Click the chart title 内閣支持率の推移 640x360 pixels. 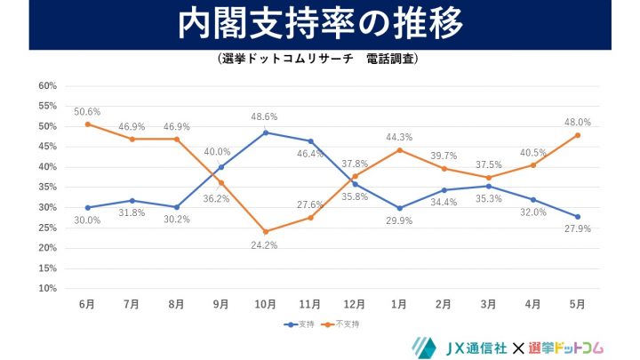[x=320, y=24]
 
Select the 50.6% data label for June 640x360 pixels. [x=87, y=111]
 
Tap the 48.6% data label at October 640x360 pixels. [x=266, y=116]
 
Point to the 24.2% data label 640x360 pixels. [x=266, y=245]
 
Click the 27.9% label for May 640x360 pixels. [x=577, y=229]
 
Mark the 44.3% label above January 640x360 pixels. [x=399, y=136]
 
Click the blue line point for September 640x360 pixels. [x=221, y=167]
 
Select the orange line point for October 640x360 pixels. [x=266, y=231]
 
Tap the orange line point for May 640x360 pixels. [x=577, y=135]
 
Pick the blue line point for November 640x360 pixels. [x=310, y=141]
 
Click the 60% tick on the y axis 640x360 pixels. [x=47, y=86]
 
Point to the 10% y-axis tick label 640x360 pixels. [x=47, y=288]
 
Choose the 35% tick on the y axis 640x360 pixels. [x=47, y=188]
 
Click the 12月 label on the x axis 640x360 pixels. [x=355, y=304]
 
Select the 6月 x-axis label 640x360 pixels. [x=87, y=304]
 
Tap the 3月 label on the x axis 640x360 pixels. [x=488, y=304]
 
